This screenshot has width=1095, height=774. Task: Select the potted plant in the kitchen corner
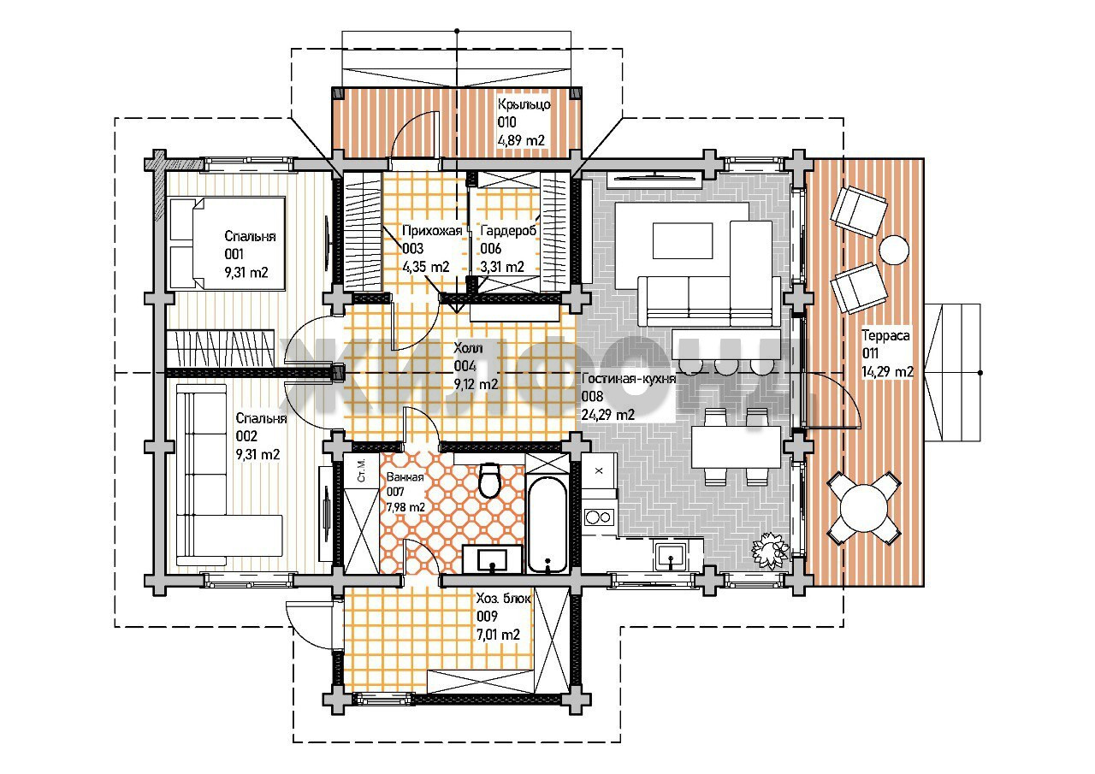(769, 551)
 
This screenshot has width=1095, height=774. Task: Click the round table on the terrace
(864, 508)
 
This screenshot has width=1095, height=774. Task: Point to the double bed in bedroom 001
(227, 243)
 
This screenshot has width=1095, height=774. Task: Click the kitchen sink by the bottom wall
(670, 557)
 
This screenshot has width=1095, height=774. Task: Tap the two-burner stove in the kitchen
(599, 517)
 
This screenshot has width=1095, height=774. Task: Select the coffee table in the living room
(683, 240)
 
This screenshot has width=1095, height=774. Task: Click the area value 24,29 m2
(607, 415)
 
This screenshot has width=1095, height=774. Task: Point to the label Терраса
(885, 336)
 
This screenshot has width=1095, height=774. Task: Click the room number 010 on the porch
(507, 122)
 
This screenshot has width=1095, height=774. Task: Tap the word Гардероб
(508, 230)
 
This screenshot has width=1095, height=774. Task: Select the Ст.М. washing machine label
(361, 470)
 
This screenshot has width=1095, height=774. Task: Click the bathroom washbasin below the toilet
(492, 558)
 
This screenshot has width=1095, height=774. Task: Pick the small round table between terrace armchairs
(894, 251)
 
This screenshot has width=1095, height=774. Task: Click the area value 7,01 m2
(498, 635)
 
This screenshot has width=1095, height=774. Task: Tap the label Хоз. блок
(504, 598)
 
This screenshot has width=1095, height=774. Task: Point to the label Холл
(468, 348)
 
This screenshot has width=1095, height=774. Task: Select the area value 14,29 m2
(887, 372)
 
